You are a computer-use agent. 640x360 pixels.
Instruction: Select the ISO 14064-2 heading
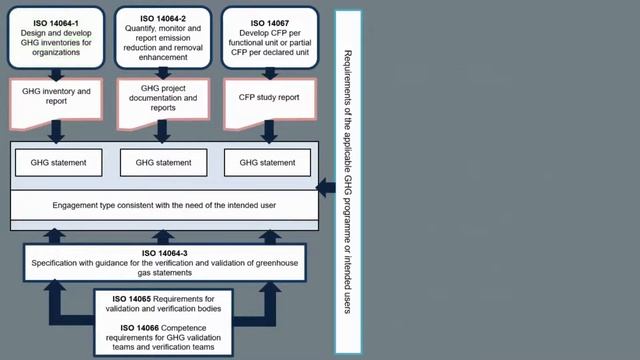[161, 18]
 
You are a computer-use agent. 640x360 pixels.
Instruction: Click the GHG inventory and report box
[56, 98]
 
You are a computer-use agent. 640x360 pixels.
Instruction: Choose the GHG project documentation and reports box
[161, 98]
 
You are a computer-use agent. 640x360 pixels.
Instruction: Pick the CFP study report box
[266, 98]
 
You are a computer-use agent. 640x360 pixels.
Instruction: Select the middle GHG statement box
[163, 161]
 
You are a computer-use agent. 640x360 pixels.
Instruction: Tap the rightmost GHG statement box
[267, 161]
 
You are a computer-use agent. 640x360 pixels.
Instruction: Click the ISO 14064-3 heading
[164, 254]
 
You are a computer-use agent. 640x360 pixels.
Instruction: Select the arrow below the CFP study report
[266, 131]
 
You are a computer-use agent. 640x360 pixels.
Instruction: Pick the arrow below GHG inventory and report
[56, 131]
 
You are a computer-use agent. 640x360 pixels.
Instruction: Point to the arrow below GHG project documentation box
[161, 131]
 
